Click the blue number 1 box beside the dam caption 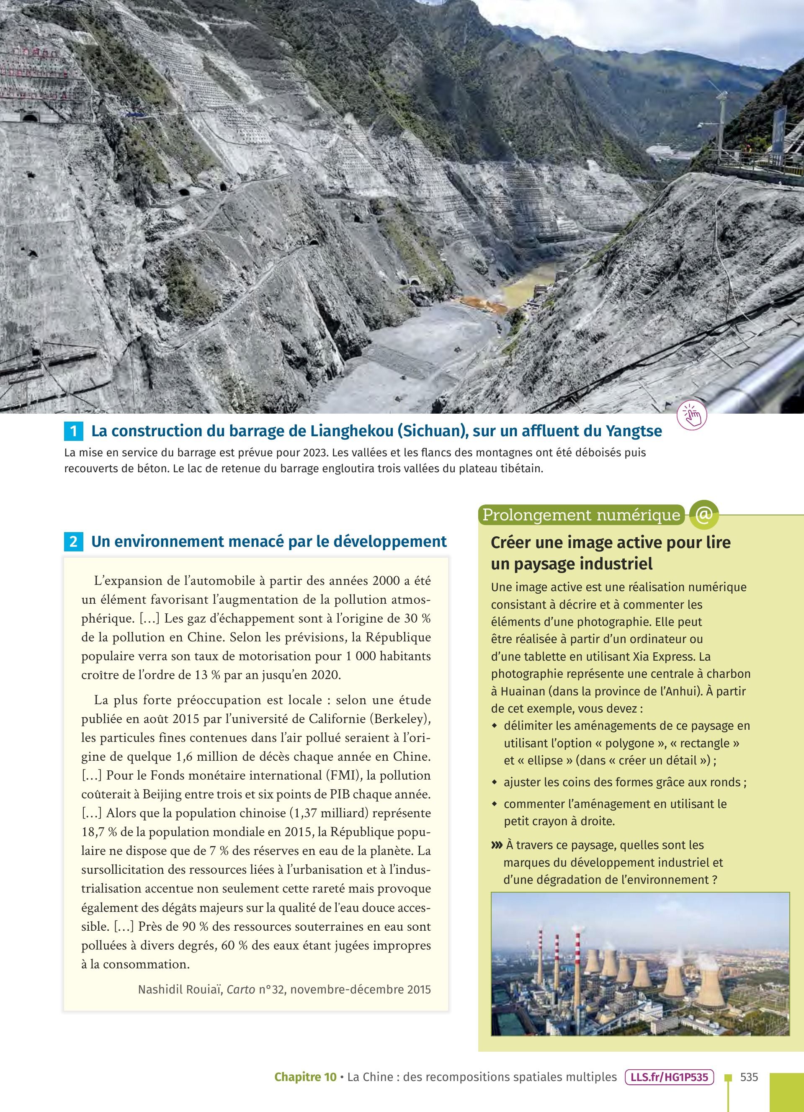point(74,431)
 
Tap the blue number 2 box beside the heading point(74,542)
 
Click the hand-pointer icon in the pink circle point(692,416)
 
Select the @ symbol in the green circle point(703,515)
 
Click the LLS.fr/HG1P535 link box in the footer point(669,1077)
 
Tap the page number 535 point(749,1077)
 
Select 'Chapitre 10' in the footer point(305,1077)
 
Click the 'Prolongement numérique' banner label point(581,515)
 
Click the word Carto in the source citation point(241,989)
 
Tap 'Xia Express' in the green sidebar point(664,656)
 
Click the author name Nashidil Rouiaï point(180,989)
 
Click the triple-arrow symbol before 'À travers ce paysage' point(497,845)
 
